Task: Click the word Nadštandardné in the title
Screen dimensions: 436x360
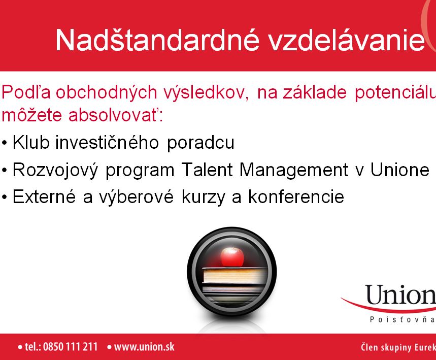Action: pyautogui.click(x=158, y=40)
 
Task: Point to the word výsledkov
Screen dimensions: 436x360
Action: pyautogui.click(x=206, y=92)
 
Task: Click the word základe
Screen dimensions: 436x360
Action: pyautogui.click(x=315, y=92)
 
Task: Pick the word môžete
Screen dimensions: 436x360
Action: pyautogui.click(x=31, y=114)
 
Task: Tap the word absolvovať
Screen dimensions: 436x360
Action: pyautogui.click(x=115, y=114)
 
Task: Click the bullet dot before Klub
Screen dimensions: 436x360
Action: pyautogui.click(x=4, y=143)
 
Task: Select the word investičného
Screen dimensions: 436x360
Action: pyautogui.click(x=107, y=142)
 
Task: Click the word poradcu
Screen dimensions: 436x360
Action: pyautogui.click(x=200, y=143)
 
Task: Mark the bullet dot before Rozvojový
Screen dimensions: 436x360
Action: pyautogui.click(x=4, y=170)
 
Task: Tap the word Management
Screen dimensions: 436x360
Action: pyautogui.click(x=294, y=170)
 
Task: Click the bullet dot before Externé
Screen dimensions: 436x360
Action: pyautogui.click(x=4, y=197)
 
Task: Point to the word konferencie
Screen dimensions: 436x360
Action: pyautogui.click(x=296, y=197)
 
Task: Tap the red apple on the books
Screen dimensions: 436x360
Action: pyautogui.click(x=232, y=256)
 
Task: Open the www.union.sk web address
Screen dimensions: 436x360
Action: pyautogui.click(x=144, y=347)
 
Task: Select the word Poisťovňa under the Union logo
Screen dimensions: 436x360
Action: pyautogui.click(x=403, y=320)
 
